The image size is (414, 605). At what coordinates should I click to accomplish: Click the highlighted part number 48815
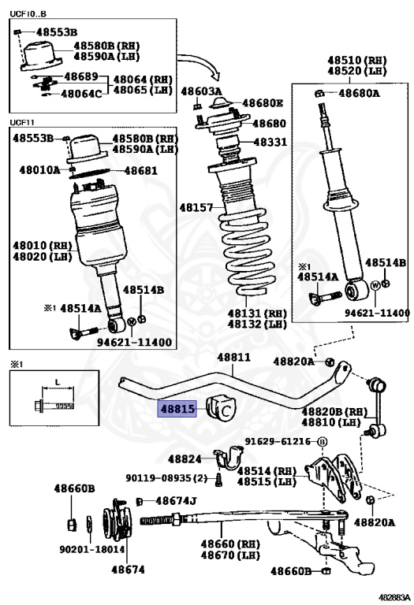click(177, 409)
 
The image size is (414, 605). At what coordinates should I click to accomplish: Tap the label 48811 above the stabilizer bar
click(233, 358)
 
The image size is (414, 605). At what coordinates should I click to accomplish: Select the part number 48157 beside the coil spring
click(196, 208)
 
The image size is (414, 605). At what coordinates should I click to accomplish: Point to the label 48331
click(270, 142)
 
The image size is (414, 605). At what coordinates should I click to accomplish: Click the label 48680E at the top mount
click(263, 103)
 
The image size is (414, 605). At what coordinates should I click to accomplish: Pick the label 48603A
click(202, 91)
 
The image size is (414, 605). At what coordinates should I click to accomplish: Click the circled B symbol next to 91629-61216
click(322, 442)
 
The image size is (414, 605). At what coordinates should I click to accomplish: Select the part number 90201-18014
click(92, 549)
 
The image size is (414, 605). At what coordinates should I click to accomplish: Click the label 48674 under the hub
click(128, 570)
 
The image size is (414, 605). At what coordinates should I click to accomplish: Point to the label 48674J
click(176, 501)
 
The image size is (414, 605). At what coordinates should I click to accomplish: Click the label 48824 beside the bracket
click(185, 459)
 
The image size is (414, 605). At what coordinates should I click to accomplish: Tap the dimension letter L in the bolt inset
click(58, 382)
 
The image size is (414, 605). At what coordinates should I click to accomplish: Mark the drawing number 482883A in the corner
click(393, 597)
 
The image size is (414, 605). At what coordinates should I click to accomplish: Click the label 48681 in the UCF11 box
click(141, 170)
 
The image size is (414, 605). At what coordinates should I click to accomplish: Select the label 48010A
click(39, 170)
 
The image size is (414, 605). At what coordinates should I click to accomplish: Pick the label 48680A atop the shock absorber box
click(359, 93)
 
